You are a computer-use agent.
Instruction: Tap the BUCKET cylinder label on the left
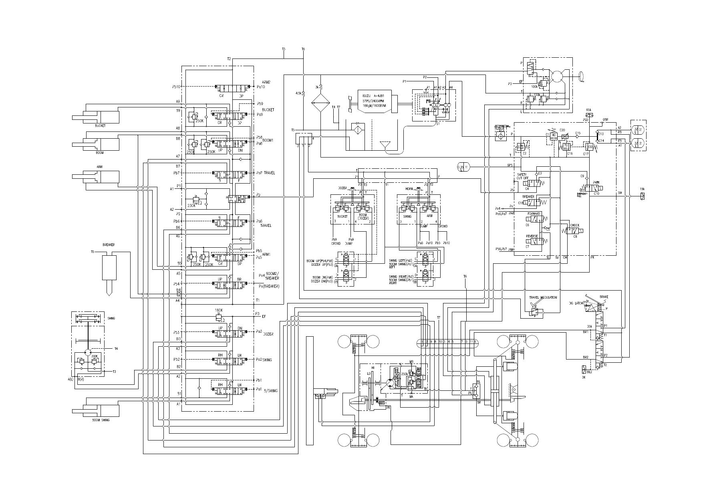click(x=100, y=126)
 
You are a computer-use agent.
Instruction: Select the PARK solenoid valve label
click(x=596, y=182)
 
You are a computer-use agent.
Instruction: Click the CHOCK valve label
click(x=574, y=225)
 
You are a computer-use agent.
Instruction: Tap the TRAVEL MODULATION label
click(x=543, y=297)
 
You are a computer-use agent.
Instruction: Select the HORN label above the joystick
click(x=409, y=188)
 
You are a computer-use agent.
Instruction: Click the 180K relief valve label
click(x=219, y=310)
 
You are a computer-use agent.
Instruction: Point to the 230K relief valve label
click(x=191, y=206)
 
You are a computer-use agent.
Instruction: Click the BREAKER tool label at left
click(x=109, y=244)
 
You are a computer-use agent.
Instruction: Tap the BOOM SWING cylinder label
click(x=101, y=420)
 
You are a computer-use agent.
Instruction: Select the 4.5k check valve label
click(x=298, y=93)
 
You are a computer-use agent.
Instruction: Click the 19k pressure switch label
click(x=642, y=189)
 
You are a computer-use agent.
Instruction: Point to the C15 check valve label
click(x=578, y=133)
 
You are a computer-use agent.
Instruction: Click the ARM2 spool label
click(x=266, y=82)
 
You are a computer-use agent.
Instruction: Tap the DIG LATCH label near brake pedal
click(x=577, y=303)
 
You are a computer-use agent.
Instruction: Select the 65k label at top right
click(x=588, y=110)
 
